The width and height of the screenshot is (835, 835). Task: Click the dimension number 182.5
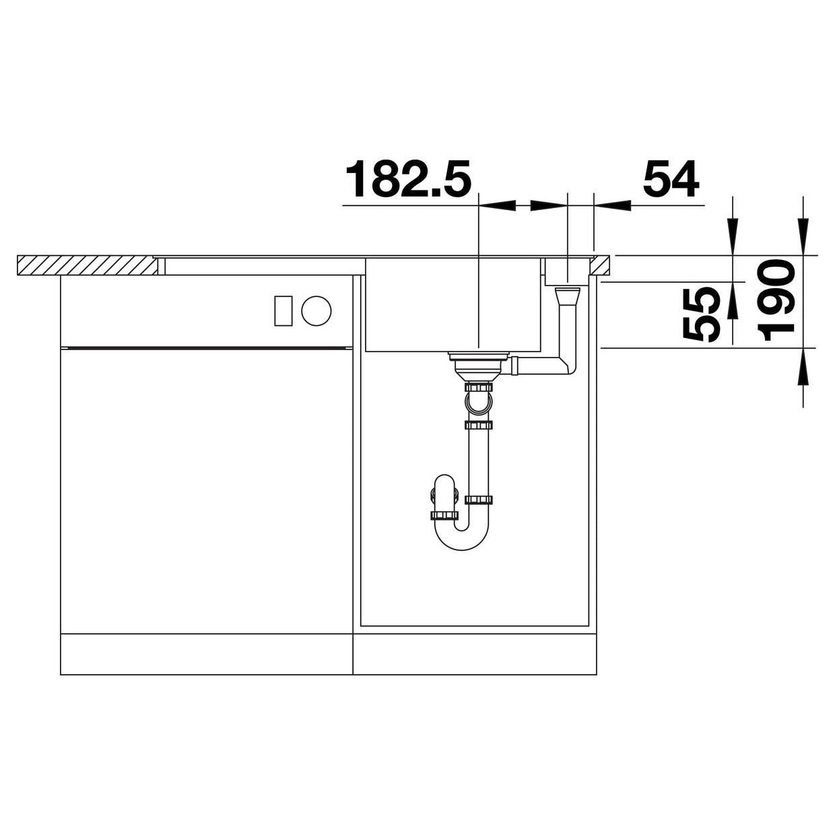pyautogui.click(x=408, y=179)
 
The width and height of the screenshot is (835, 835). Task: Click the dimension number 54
pyautogui.click(x=671, y=178)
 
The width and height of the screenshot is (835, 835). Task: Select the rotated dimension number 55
pyautogui.click(x=701, y=314)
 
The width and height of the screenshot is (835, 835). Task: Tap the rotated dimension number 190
pyautogui.click(x=776, y=300)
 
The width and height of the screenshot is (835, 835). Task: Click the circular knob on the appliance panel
pyautogui.click(x=316, y=310)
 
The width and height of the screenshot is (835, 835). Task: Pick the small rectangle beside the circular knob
pyautogui.click(x=283, y=310)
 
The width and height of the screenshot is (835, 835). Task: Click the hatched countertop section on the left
pyautogui.click(x=88, y=265)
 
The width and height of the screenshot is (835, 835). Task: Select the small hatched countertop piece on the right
pyautogui.click(x=599, y=265)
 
